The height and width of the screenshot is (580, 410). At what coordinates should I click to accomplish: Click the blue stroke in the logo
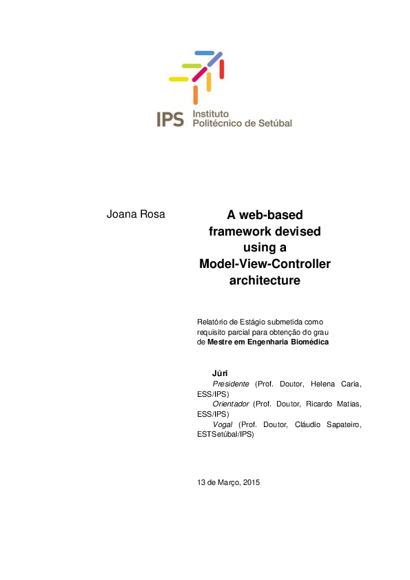point(205,53)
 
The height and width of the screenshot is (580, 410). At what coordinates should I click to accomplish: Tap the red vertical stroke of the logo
point(222,69)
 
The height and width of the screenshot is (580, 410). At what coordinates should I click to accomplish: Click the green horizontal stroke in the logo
point(191,66)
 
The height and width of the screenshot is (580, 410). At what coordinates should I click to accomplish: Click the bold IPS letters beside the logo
point(170,119)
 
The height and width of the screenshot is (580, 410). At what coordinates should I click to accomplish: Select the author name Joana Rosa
point(136,214)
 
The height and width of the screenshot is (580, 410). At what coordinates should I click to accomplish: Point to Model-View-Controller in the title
point(265,264)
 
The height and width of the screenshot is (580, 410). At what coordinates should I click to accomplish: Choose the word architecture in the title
point(265,280)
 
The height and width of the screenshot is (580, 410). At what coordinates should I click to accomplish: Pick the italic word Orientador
point(231,404)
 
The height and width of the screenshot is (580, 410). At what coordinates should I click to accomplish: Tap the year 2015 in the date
point(249,482)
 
